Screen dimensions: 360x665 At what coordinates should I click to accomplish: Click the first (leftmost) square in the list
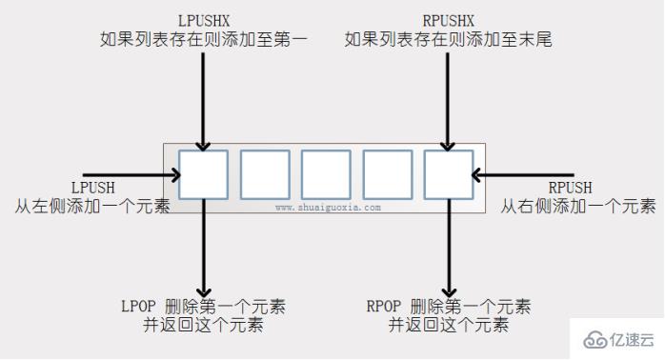203,175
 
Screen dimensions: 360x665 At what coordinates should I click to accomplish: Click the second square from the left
265,175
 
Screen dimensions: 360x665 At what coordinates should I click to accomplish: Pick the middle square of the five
326,175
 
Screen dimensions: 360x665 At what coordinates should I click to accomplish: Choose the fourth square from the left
387,175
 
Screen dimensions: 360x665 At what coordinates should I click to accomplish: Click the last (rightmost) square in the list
448,175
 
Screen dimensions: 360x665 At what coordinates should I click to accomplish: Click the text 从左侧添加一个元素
91,205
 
